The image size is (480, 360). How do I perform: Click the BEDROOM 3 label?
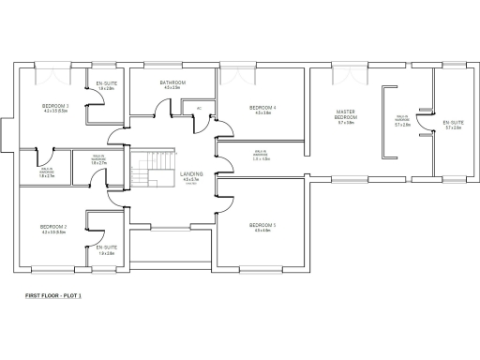pos(56,107)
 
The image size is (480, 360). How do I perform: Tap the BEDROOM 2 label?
pos(53,227)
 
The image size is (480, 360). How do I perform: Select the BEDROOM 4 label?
pos(261,108)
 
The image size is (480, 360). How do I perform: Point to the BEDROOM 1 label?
pos(261,225)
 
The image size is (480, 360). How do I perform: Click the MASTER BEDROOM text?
pos(346,114)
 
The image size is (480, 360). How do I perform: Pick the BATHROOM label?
pos(172,82)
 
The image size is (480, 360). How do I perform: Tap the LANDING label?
pos(190,174)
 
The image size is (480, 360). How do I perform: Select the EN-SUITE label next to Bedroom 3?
pos(105,83)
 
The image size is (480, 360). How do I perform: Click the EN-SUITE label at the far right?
pos(453,122)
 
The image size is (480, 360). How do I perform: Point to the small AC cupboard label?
pos(199,109)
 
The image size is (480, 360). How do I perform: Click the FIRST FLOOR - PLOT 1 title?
pos(53,295)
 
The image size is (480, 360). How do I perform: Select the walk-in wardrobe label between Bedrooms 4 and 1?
pos(262,155)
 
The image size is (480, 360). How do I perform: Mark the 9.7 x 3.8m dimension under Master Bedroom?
pos(346,123)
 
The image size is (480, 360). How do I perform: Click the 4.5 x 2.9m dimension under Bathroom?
pos(172,88)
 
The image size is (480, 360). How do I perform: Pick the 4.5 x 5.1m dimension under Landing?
pos(190,180)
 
